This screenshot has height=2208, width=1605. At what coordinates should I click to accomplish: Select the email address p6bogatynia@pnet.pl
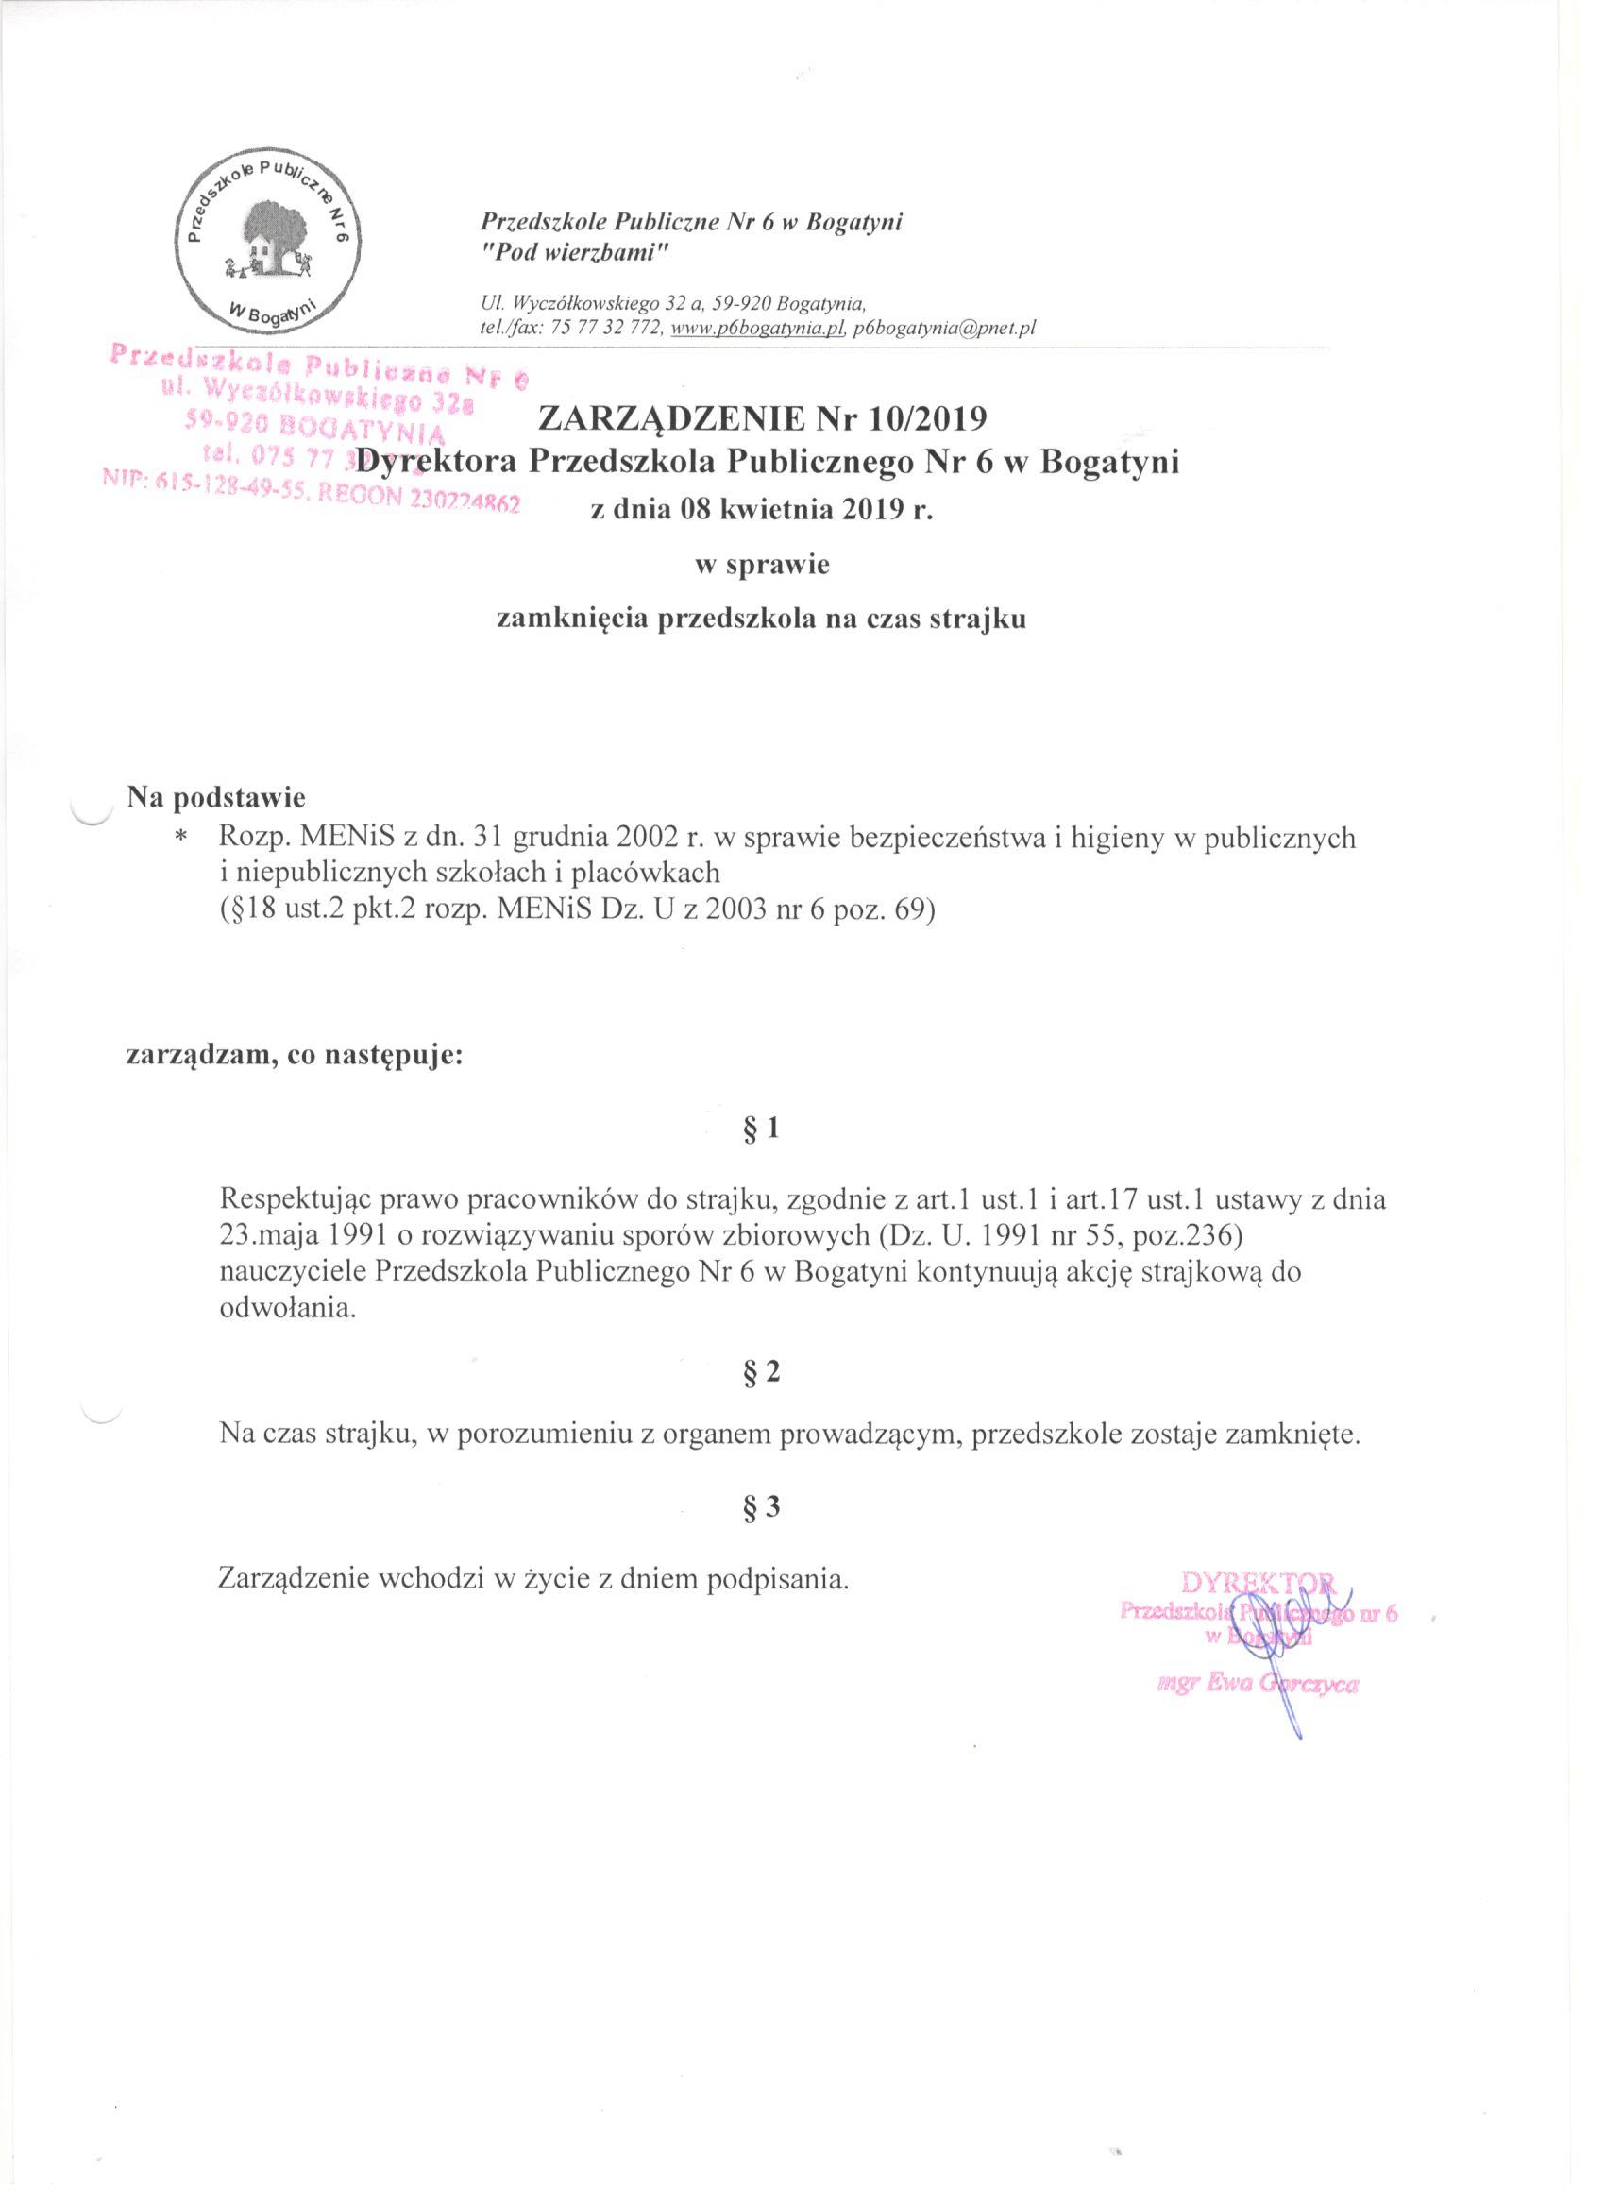coord(944,328)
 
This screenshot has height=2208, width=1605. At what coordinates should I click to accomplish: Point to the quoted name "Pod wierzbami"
coord(571,252)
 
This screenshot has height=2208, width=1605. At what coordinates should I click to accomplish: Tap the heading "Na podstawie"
coord(216,797)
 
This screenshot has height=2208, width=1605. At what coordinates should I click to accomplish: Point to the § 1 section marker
coord(761,1129)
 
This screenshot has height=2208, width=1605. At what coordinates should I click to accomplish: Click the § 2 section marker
coord(761,1371)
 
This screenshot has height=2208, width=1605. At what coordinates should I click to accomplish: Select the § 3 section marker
coord(761,1508)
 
